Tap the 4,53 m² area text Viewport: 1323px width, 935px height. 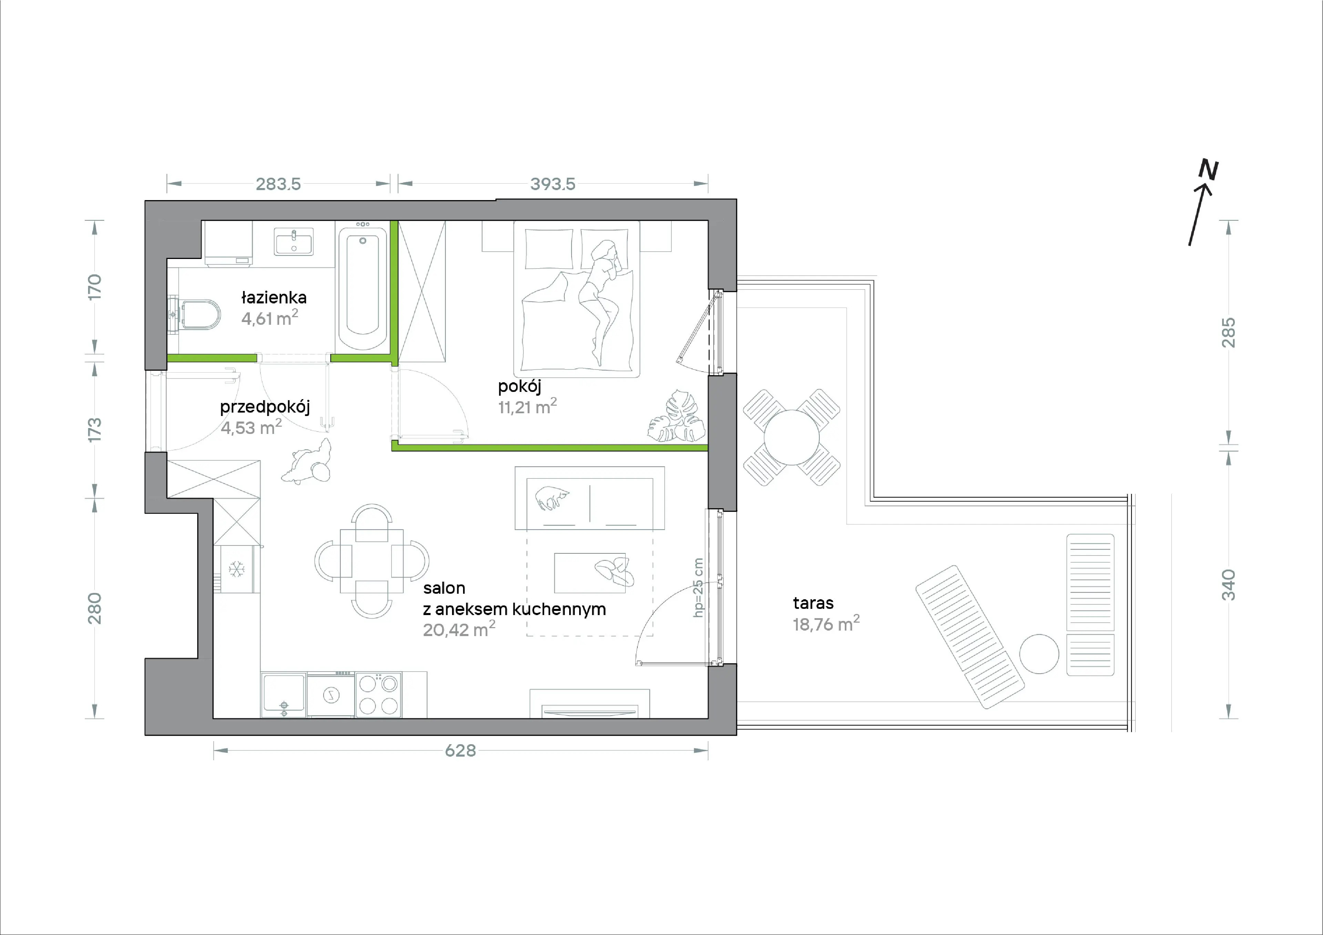[x=251, y=427]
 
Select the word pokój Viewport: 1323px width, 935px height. [x=519, y=386]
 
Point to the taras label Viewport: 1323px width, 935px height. [x=813, y=603]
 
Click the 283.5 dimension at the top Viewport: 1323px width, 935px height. [x=278, y=184]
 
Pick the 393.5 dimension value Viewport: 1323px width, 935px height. [x=553, y=184]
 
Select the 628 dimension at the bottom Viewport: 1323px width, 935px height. [x=460, y=751]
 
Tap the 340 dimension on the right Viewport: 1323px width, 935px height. [x=1229, y=585]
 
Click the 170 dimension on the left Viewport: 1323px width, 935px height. [x=94, y=287]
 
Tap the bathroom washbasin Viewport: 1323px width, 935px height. [x=293, y=241]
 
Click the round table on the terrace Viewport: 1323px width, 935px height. [x=792, y=438]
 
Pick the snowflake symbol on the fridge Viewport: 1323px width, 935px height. [x=236, y=570]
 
